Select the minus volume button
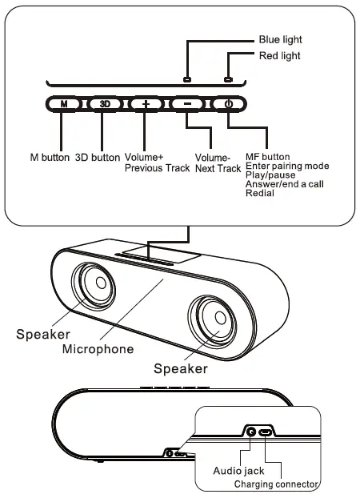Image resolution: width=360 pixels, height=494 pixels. (x=186, y=104)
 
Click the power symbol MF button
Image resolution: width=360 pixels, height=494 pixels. (x=228, y=104)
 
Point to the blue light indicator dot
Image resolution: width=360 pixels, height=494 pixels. (x=186, y=79)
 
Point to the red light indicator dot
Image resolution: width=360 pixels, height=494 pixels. (x=228, y=79)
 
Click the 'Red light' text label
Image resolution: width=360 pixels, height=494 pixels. (x=280, y=56)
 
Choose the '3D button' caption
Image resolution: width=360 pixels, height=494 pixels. (x=98, y=157)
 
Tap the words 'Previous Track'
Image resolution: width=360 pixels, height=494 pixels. (x=158, y=168)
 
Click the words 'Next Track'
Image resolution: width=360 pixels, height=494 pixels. (x=218, y=169)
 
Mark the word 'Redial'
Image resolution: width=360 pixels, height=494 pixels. (x=260, y=193)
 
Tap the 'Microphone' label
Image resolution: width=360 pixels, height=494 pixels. (x=98, y=349)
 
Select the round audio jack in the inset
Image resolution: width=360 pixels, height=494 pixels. (x=253, y=432)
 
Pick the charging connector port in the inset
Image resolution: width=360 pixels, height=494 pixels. (x=267, y=433)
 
